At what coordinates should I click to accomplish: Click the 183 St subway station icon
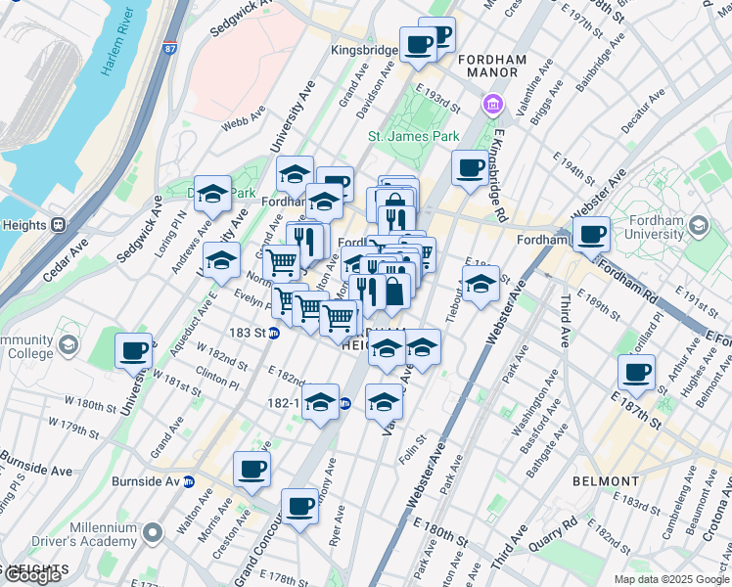point(275,333)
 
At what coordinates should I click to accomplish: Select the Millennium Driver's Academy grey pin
point(152,533)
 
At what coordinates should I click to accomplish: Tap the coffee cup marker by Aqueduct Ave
point(133,350)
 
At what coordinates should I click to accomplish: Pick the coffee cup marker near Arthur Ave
point(636,372)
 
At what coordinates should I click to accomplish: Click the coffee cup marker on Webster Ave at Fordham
point(591,235)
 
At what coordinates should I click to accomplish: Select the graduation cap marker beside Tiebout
point(480,285)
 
